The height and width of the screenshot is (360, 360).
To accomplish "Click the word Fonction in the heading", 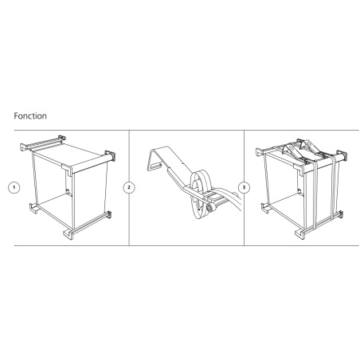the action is pos(30,116).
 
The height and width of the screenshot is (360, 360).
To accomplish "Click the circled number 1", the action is pos(14,187).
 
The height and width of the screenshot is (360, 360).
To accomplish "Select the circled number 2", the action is pos(129,187).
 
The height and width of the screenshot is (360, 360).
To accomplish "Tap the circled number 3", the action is pos(244,187).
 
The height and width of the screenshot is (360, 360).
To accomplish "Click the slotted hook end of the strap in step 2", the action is pos(154,166).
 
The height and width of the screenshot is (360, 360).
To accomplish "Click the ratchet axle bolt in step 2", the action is pos(211,207).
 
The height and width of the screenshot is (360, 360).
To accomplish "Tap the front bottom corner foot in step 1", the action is pos(68,234).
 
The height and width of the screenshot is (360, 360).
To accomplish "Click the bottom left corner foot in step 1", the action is pos(33,208).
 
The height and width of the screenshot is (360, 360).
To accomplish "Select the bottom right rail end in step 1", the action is pos(108,214).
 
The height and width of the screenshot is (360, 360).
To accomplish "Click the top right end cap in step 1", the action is pos(111,156).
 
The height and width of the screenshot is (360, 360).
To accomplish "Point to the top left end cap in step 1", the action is pos(24,147).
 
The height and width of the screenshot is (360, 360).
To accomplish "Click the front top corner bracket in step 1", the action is pos(68,170).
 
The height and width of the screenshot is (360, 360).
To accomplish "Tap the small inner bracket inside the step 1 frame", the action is pos(68,192).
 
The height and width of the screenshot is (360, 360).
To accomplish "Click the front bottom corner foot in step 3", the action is pos(300,234).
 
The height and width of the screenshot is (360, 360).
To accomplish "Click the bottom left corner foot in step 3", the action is pos(265,208).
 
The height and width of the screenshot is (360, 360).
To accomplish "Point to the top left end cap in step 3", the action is pos(260,152).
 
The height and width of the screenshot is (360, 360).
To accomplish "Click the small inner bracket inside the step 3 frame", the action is pos(299,191).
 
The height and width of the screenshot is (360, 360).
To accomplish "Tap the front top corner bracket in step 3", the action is pos(299,170).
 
